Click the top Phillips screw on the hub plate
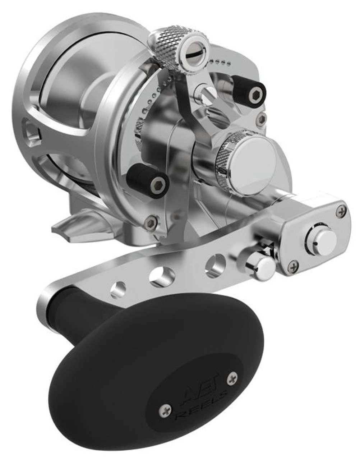[340, 213]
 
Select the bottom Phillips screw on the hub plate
[295, 266]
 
